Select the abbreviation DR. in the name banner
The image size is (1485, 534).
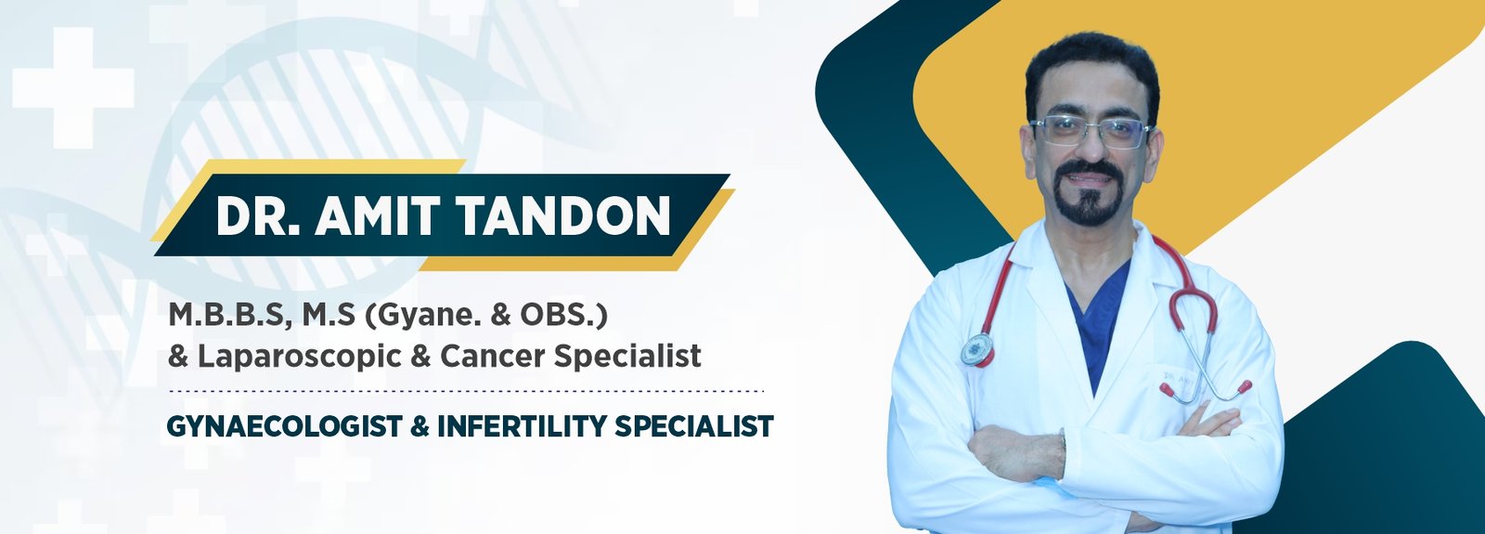(x=256, y=216)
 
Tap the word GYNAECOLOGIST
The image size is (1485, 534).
(x=284, y=426)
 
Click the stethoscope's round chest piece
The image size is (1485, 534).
(x=977, y=349)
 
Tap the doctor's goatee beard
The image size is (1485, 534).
(x=1090, y=206)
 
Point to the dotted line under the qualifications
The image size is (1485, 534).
(x=464, y=391)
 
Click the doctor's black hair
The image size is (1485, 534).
(x=1091, y=60)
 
